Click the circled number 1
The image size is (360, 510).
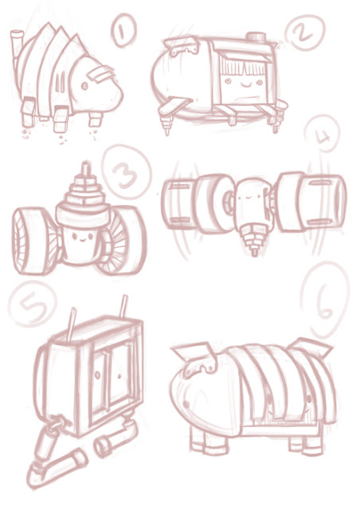[123, 31]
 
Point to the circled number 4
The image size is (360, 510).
[323, 134]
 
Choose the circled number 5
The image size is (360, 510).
[33, 304]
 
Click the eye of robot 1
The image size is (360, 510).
[84, 86]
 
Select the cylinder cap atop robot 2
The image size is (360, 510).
[256, 37]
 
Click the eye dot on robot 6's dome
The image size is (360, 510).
[187, 404]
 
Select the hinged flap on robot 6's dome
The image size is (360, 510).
[194, 354]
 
